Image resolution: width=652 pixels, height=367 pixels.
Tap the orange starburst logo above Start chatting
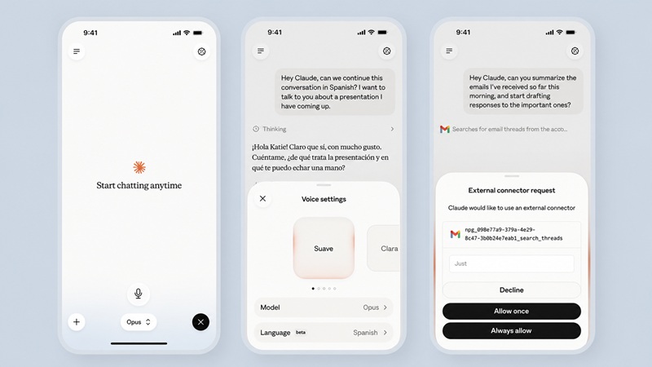[x=139, y=167]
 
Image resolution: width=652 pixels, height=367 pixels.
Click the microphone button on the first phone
[x=139, y=294]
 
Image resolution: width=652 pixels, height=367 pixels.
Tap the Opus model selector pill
[x=139, y=322]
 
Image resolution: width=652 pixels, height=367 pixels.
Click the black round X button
[x=200, y=322]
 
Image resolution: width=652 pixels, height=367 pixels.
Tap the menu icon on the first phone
[x=77, y=51]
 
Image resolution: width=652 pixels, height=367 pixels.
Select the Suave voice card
[x=324, y=248]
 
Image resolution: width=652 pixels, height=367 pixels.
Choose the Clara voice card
[x=383, y=248]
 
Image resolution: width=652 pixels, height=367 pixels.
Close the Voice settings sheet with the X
[x=262, y=198]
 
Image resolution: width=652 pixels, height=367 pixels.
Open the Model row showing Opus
[x=324, y=307]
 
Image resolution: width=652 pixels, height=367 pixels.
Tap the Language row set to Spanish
[x=324, y=333]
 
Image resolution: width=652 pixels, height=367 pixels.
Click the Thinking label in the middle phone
[x=275, y=129]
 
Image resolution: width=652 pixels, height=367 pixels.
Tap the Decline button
[x=512, y=290]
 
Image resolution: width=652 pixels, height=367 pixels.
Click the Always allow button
[x=512, y=331]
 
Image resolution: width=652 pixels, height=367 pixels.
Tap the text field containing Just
[x=512, y=263]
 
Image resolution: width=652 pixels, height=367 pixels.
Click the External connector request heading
[x=512, y=190]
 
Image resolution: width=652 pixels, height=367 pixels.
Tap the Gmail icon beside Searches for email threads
[x=444, y=130]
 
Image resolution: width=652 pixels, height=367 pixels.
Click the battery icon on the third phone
[x=571, y=32]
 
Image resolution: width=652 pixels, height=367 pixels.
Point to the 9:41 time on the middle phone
[x=275, y=32]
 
